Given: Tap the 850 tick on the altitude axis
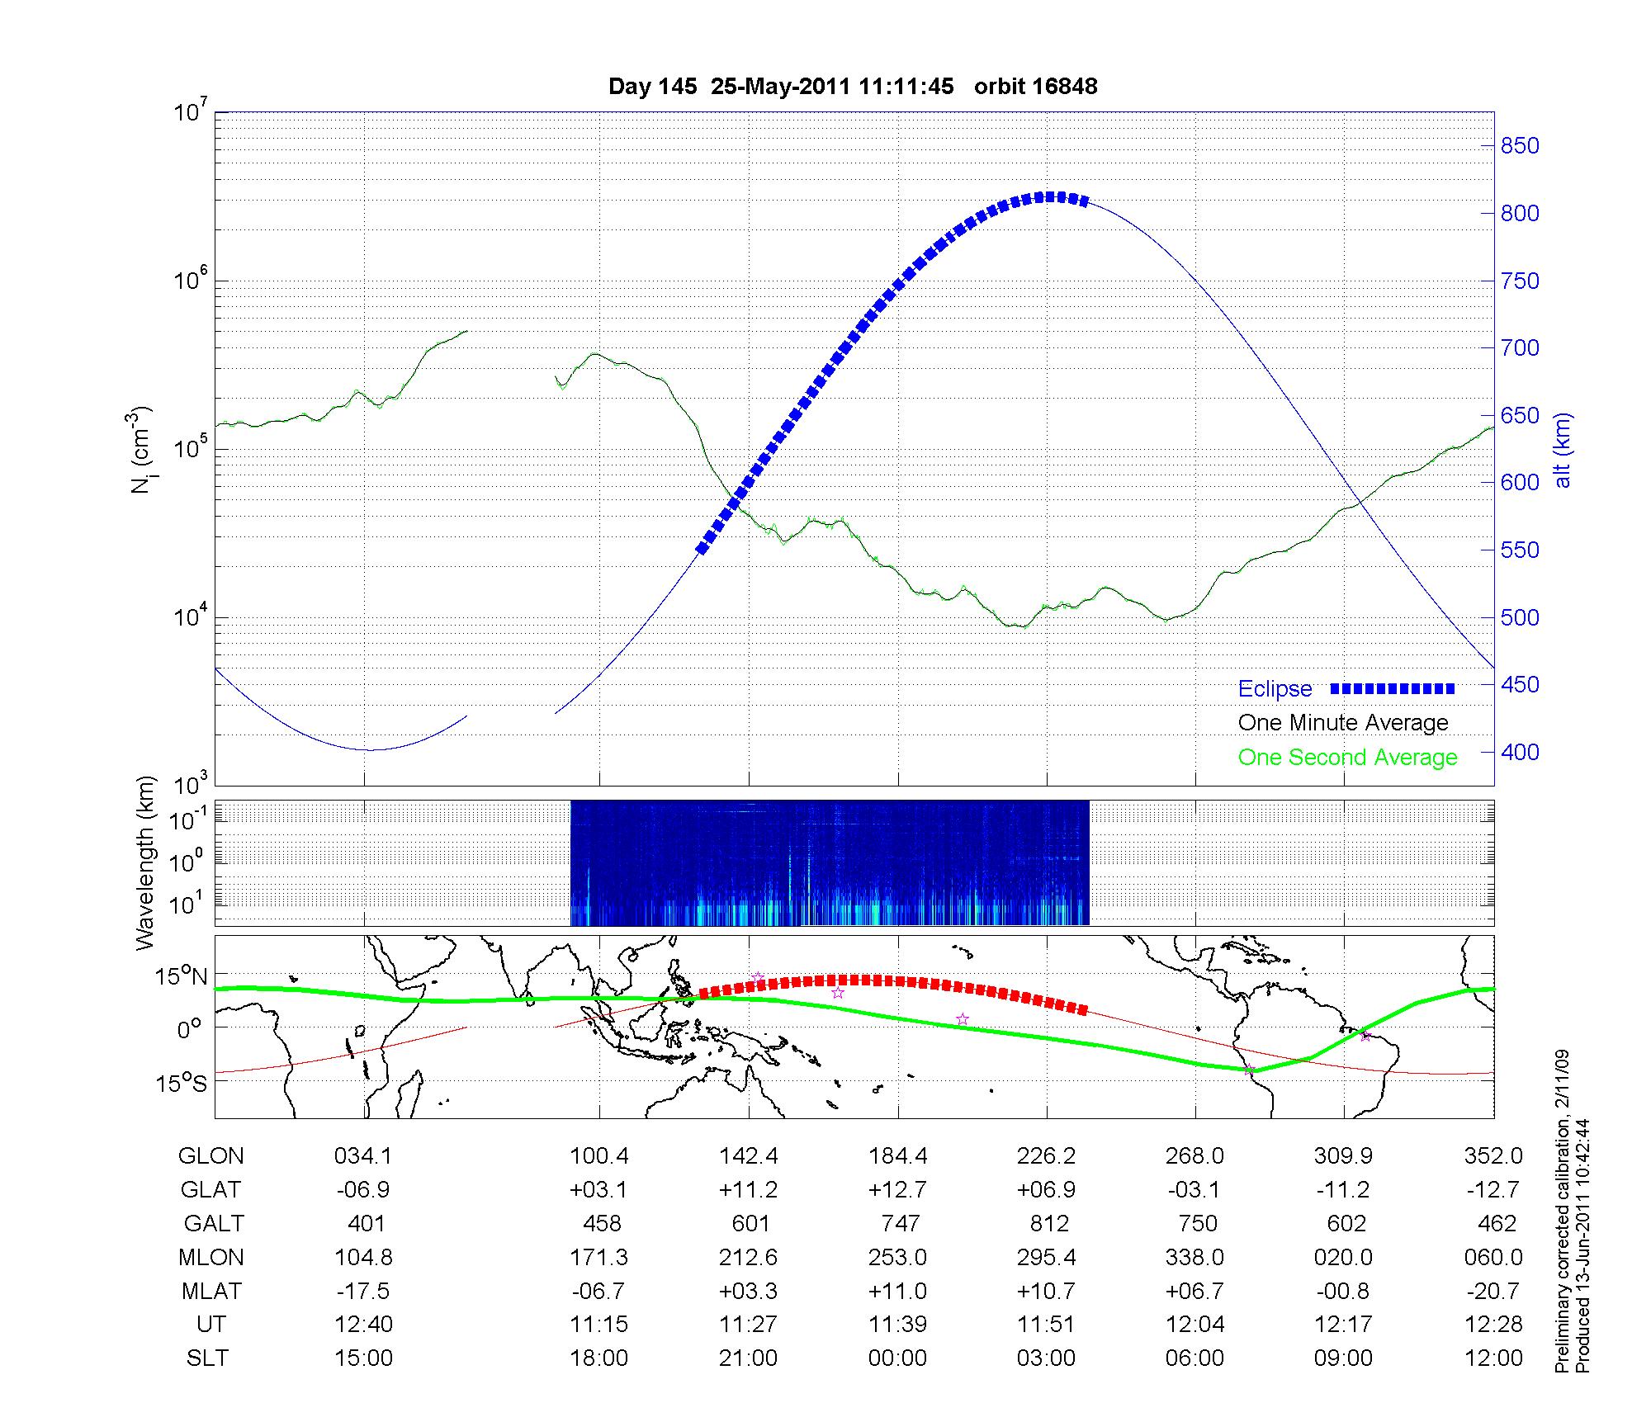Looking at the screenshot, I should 1520,146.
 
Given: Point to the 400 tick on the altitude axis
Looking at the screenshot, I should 1520,752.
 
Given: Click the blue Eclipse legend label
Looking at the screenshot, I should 1275,688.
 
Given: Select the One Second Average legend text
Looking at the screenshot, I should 1347,757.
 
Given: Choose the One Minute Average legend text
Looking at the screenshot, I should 1343,723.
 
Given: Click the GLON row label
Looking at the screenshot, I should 211,1155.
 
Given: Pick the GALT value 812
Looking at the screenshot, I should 1049,1223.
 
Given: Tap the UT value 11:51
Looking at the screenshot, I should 1047,1324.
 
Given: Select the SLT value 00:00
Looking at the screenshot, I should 897,1358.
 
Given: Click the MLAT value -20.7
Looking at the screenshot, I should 1493,1290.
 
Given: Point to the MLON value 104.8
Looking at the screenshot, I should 363,1257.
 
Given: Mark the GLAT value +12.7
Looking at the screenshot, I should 897,1189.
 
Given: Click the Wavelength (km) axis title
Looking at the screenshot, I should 145,862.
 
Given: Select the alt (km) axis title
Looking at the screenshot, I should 1563,450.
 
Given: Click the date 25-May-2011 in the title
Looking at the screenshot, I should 780,87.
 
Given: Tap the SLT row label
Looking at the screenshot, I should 207,1358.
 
